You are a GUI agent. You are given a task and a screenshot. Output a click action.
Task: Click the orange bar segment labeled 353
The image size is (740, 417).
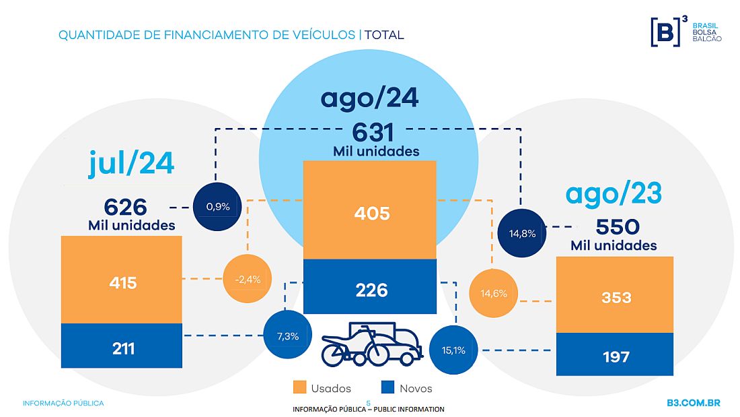pos(614,296)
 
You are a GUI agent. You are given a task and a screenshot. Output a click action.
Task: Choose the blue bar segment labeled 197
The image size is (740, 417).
pos(614,354)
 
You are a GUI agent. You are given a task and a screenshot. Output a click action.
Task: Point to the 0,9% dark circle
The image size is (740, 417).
pos(217,206)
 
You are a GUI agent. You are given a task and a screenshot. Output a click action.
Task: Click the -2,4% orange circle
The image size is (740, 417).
pos(248,278)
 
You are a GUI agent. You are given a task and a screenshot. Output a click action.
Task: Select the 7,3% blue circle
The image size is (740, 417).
pos(288,335)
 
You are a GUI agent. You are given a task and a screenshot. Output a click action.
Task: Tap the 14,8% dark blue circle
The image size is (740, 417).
pos(522,234)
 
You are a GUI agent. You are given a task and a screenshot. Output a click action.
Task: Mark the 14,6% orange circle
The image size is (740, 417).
pos(492,293)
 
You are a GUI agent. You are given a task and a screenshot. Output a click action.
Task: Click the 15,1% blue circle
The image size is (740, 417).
pos(453,350)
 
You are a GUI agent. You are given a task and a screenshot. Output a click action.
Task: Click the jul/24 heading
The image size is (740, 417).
pos(131,163)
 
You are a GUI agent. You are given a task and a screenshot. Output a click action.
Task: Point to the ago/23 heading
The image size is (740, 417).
pos(614,193)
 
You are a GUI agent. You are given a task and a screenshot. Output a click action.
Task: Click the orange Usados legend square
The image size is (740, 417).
pos(299,387)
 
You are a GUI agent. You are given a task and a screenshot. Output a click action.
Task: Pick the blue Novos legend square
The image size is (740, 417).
pos(387,387)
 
